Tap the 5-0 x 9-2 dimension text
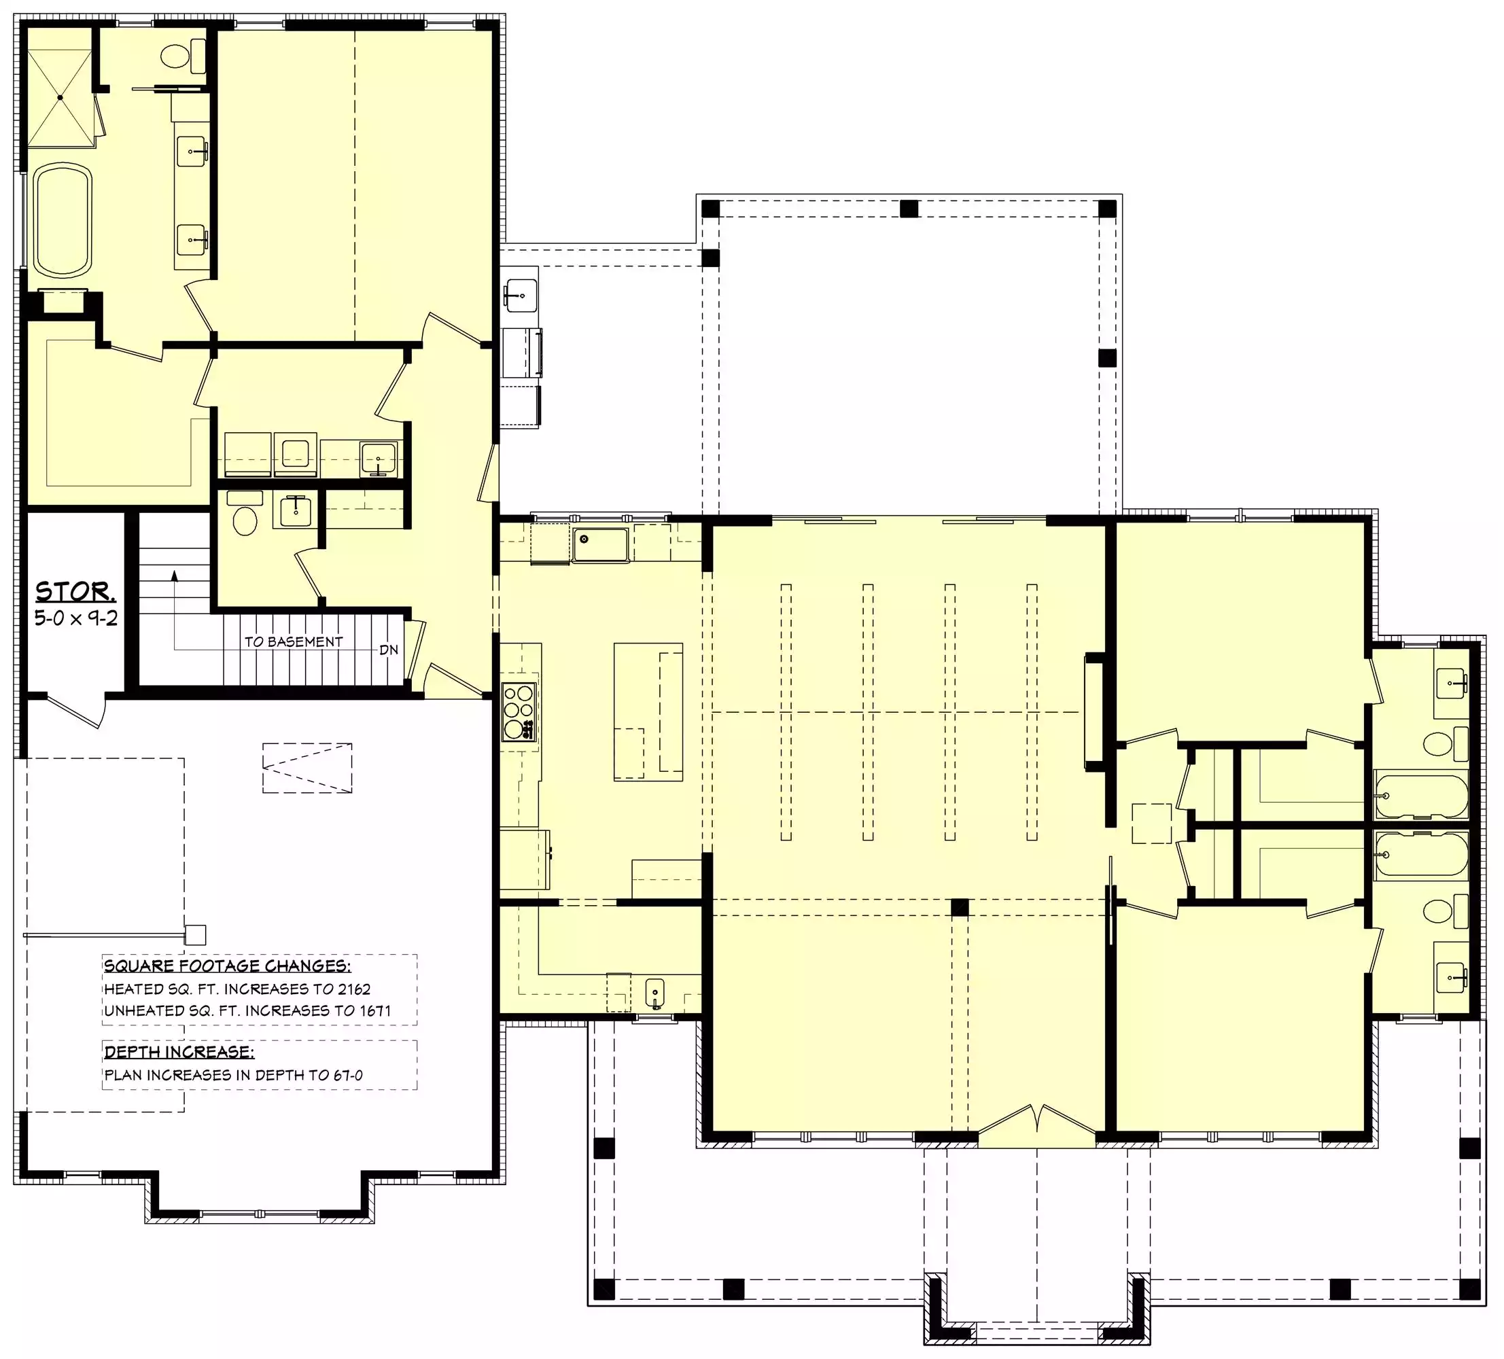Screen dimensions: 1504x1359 pyautogui.click(x=76, y=618)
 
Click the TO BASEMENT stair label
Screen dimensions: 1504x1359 pyautogui.click(x=294, y=641)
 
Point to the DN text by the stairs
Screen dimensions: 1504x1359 pyautogui.click(x=389, y=650)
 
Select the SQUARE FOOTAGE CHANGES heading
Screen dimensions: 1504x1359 pyautogui.click(x=227, y=966)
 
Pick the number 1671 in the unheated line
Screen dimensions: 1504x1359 pyautogui.click(x=374, y=1010)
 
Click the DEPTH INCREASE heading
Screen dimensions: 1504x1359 pyautogui.click(x=179, y=1053)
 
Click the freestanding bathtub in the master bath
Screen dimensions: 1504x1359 pyautogui.click(x=63, y=221)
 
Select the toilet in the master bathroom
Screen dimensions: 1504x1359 pyautogui.click(x=183, y=56)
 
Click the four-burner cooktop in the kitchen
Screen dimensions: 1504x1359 pyautogui.click(x=519, y=711)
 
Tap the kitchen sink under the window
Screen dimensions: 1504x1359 pyautogui.click(x=601, y=544)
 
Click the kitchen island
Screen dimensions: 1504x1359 pyautogui.click(x=648, y=711)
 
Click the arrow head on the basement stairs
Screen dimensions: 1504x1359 pyautogui.click(x=175, y=575)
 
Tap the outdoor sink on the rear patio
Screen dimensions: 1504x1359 pyautogui.click(x=520, y=296)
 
